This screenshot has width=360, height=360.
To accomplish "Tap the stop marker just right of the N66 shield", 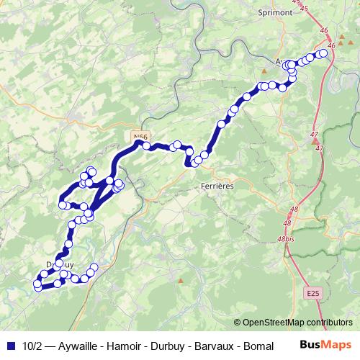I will (x=147, y=146).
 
